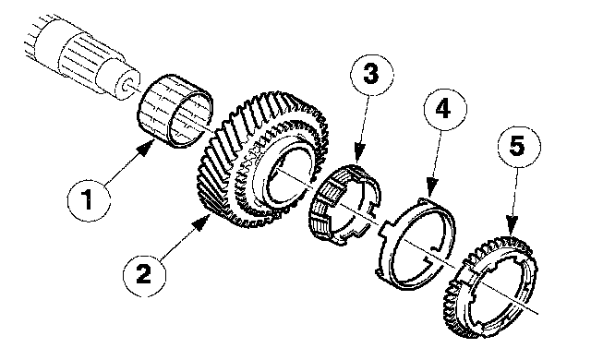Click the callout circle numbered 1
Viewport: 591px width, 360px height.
pyautogui.click(x=89, y=200)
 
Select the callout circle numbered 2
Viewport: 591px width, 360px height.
pyautogui.click(x=144, y=274)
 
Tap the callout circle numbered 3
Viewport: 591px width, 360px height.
pyautogui.click(x=372, y=75)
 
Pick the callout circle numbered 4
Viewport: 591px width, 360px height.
pyautogui.click(x=445, y=109)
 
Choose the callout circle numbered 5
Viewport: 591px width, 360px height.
pyautogui.click(x=519, y=147)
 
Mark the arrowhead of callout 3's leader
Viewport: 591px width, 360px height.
pyautogui.click(x=359, y=153)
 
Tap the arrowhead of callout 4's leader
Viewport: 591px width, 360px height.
pyautogui.click(x=432, y=187)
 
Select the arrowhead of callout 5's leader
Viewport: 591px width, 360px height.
pyautogui.click(x=511, y=225)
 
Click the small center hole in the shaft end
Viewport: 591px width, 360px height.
pyautogui.click(x=127, y=85)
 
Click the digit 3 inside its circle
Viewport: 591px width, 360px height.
pyautogui.click(x=371, y=74)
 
